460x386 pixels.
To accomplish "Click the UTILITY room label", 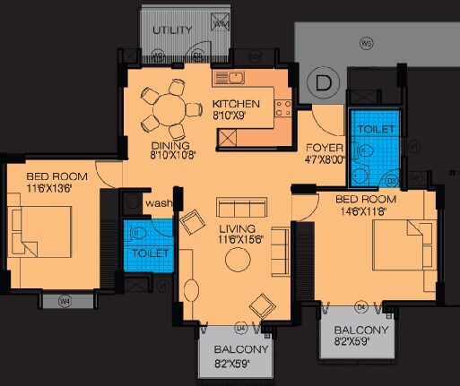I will tap(172, 30).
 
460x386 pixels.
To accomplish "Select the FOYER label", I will tap(320, 149).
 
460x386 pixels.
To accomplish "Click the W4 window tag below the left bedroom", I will tap(65, 302).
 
